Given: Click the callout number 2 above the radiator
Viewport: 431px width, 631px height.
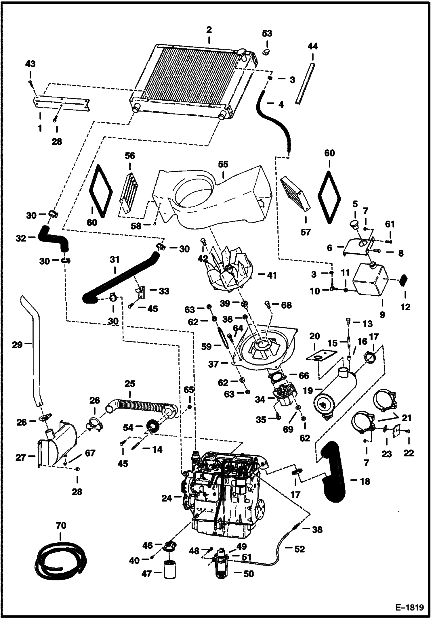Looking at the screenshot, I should tap(209, 30).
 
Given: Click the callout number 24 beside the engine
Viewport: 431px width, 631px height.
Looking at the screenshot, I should tap(167, 498).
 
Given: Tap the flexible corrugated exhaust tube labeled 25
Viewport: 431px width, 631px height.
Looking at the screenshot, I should tap(138, 402).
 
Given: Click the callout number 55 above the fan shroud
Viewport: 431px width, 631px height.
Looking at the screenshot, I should tap(223, 164).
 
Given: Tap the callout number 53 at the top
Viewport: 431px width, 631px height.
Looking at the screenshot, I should tap(267, 34).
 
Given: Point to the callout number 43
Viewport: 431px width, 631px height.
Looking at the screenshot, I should tap(30, 64).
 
